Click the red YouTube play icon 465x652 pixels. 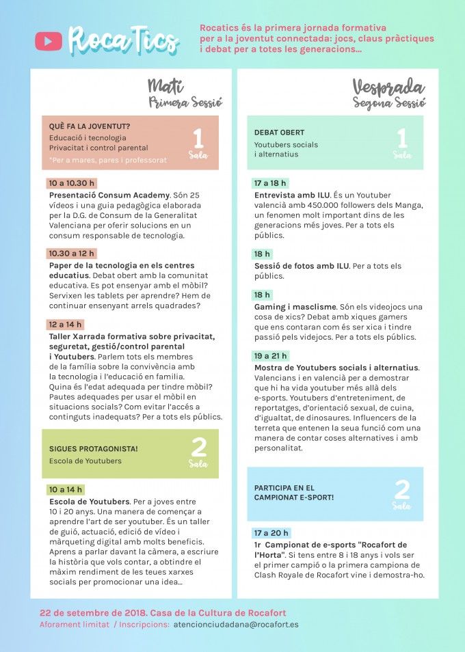pos(48,41)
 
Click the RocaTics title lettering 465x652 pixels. pos(123,41)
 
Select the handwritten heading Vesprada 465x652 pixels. pos(388,87)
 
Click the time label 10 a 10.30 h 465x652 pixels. pos(71,183)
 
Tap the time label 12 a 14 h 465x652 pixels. pos(66,324)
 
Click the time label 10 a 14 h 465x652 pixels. pos(66,489)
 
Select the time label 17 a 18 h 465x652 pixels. pos(271,183)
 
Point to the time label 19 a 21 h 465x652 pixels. pos(271,356)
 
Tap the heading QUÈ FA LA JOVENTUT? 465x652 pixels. pos(90,126)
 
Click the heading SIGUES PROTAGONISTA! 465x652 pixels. pos(94,448)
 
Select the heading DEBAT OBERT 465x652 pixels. pos(279,133)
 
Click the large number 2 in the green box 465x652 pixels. pos(198,448)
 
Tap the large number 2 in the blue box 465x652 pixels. pos(402,489)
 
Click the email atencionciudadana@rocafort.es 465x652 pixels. pos(235,624)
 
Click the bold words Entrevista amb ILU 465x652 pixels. pos(291,195)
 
